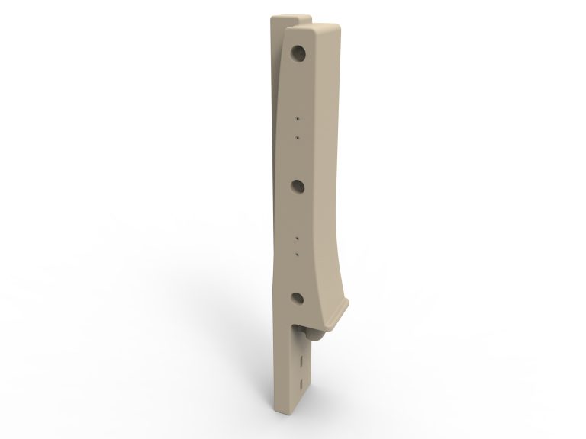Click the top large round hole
pos(298,53)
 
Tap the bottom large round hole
pos(298,299)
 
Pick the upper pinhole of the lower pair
pos(298,238)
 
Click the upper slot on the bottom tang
pos(303,359)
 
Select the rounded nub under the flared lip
pos(313,332)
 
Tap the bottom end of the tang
pos(294,415)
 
